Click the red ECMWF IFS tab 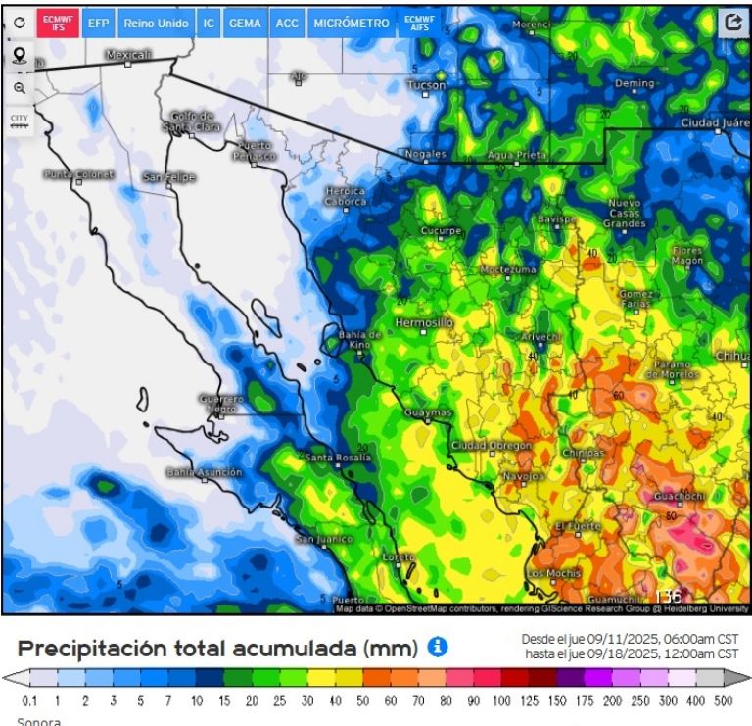(x=58, y=23)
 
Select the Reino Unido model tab (x=157, y=23)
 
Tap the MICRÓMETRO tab (x=352, y=23)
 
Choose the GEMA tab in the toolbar (x=244, y=23)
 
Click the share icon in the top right (x=731, y=23)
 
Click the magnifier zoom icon (x=20, y=88)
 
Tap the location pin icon (x=20, y=55)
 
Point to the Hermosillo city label (x=424, y=322)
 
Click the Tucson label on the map (x=426, y=85)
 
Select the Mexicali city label (x=129, y=55)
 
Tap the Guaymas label (x=428, y=413)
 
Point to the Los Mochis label (x=549, y=572)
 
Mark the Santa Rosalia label (x=335, y=458)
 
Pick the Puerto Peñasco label (x=256, y=151)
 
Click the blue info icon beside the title (x=437, y=647)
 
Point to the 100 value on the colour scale (x=501, y=701)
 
